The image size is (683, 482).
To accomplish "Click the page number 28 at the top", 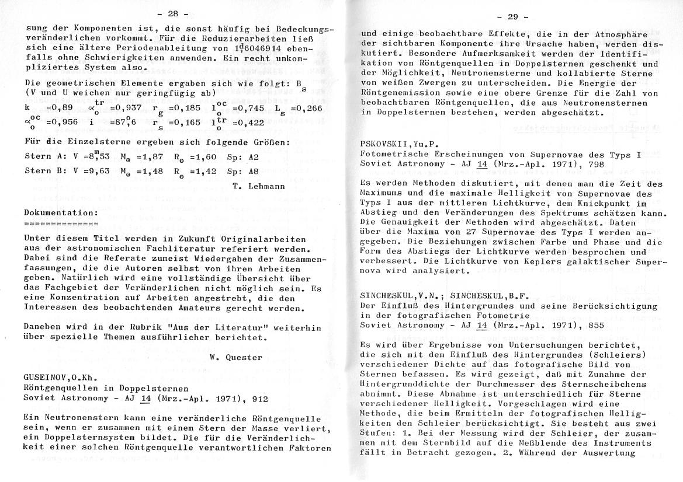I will click(174, 13).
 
